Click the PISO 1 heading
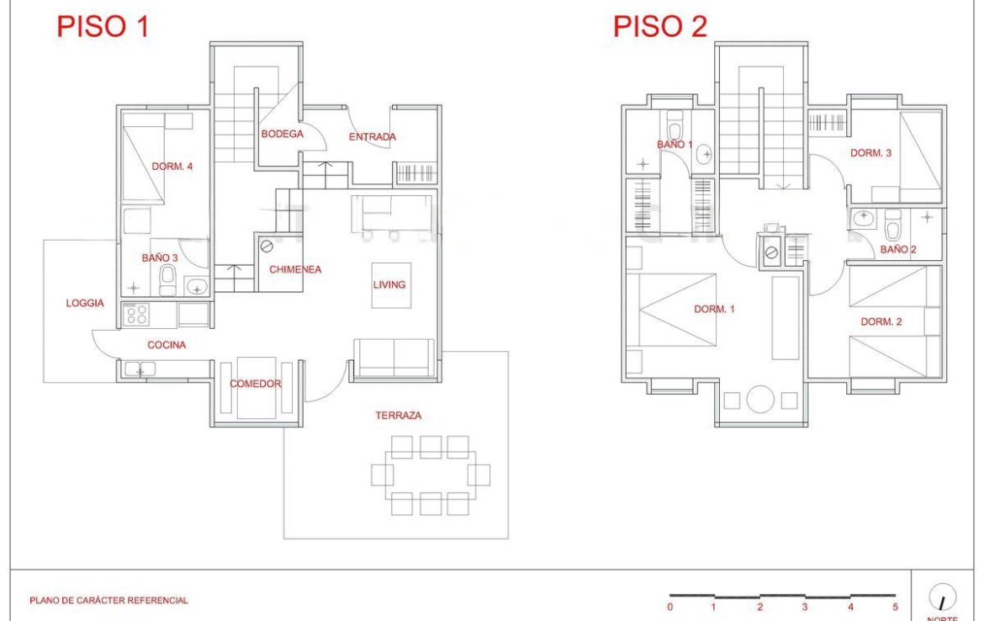103,26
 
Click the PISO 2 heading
659,26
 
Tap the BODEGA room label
283,134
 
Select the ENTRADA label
372,136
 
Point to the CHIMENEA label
295,269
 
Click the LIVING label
389,284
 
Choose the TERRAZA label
399,415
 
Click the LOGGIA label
85,303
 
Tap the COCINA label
167,345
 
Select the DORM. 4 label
172,167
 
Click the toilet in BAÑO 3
168,280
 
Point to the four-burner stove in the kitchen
136,314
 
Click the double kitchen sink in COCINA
140,369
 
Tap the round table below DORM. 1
760,400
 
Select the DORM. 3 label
870,152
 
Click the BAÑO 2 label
898,249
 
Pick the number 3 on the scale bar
805,607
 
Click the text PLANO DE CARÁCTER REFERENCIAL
108,600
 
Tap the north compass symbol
942,597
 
